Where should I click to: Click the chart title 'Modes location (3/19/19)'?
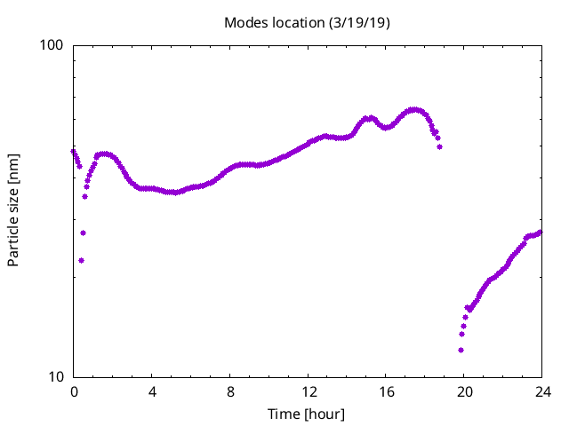[x=307, y=23]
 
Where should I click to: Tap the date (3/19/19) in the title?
[x=359, y=23]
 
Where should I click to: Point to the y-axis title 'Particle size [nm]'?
[x=13, y=210]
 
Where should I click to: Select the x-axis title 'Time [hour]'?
[x=306, y=414]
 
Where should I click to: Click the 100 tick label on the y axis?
[x=52, y=45]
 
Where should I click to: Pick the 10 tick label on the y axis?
[x=56, y=377]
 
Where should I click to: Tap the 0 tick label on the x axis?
[x=74, y=392]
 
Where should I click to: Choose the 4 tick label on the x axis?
[x=152, y=392]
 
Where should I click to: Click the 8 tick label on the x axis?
[x=230, y=392]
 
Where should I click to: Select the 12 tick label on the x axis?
[x=309, y=392]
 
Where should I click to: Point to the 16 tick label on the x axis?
[x=387, y=392]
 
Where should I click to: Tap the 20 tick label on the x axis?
[x=465, y=392]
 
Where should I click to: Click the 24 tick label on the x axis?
[x=543, y=392]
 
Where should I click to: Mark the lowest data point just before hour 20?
[x=461, y=350]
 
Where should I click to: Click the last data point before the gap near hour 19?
[x=439, y=146]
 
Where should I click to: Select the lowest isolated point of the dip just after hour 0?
[x=81, y=260]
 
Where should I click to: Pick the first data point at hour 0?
[x=73, y=152]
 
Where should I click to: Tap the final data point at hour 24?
[x=540, y=233]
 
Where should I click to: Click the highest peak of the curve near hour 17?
[x=413, y=109]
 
